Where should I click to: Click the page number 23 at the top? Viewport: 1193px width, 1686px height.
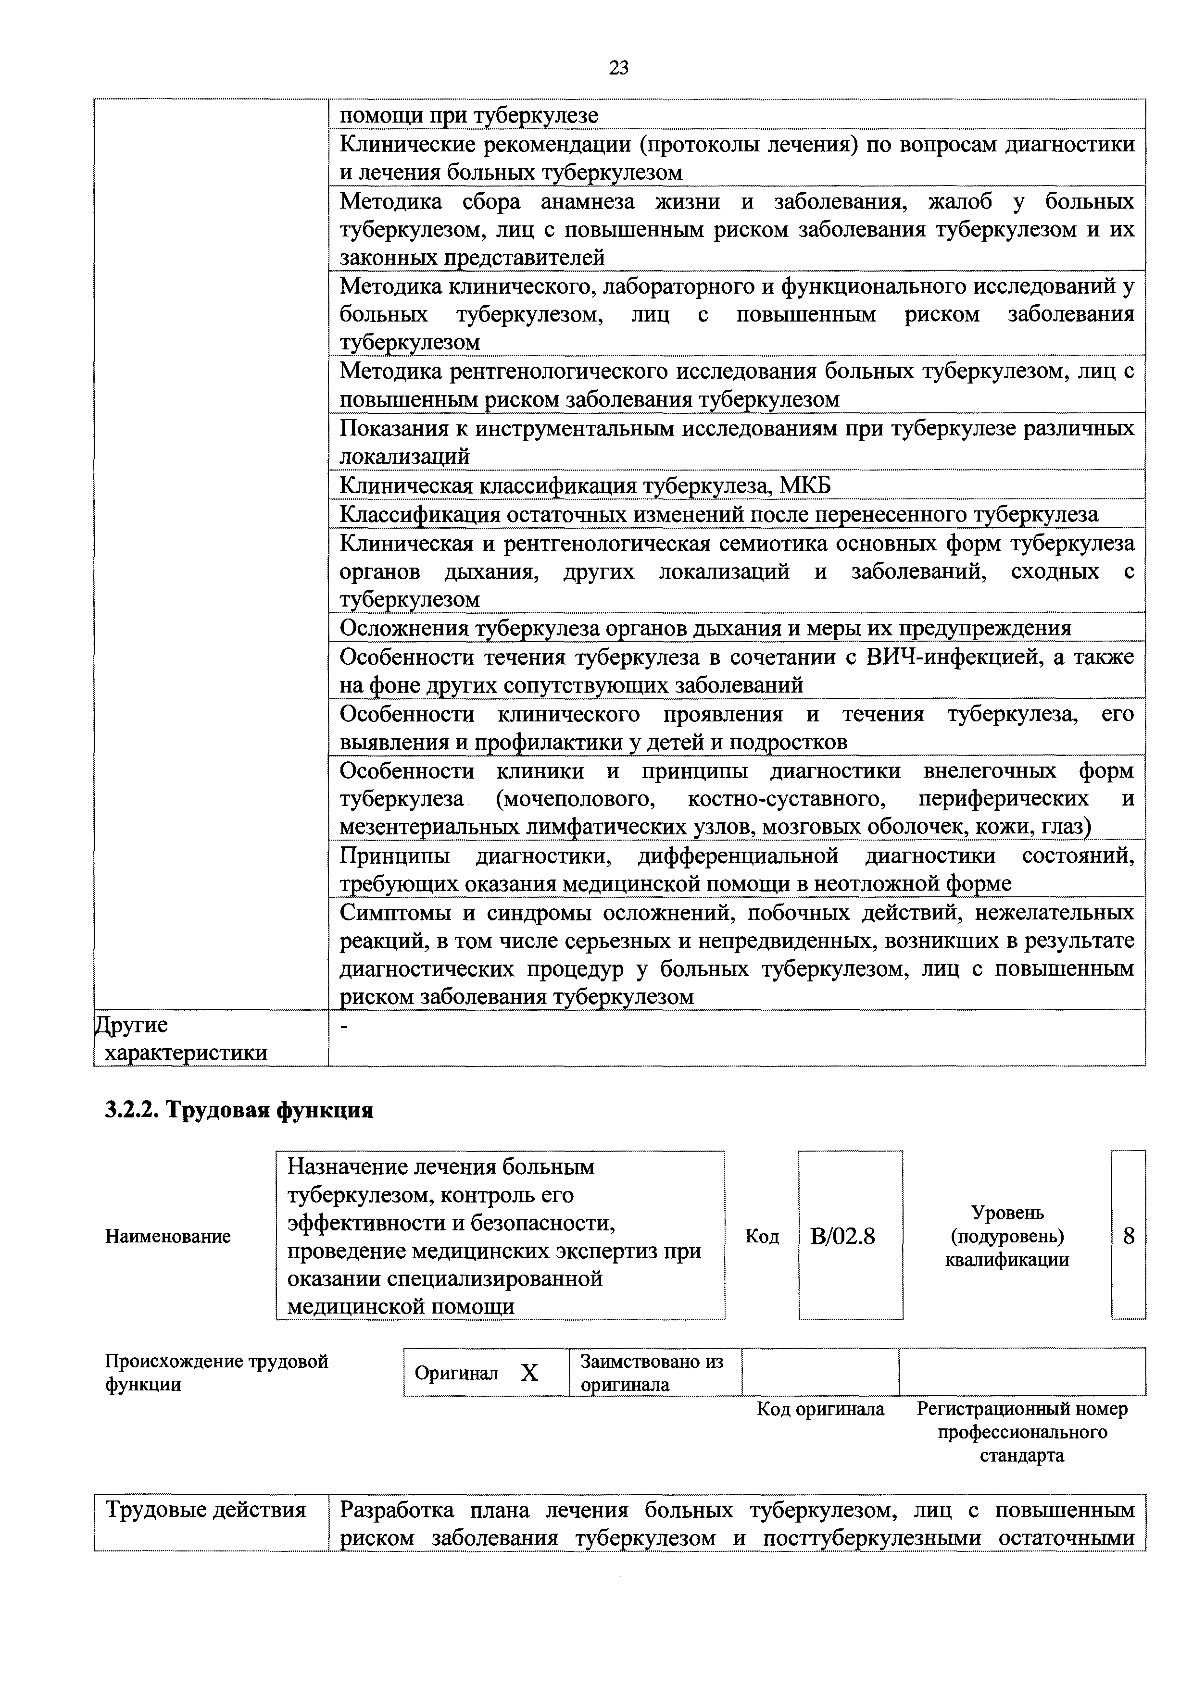coord(618,68)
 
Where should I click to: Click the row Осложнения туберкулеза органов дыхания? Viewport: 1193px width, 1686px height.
coord(705,628)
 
